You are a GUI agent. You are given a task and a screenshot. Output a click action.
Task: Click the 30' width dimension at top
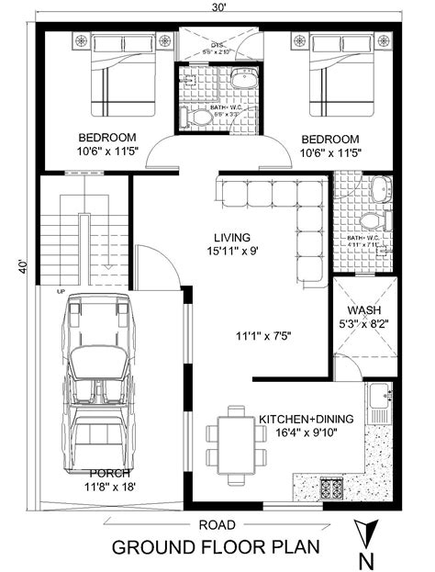pos(218,7)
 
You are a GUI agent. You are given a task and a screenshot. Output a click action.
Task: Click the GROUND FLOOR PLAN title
pos(217,548)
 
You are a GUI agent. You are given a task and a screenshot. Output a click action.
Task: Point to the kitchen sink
pos(378,404)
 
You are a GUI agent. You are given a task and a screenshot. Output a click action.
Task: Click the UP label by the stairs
pos(61,291)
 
